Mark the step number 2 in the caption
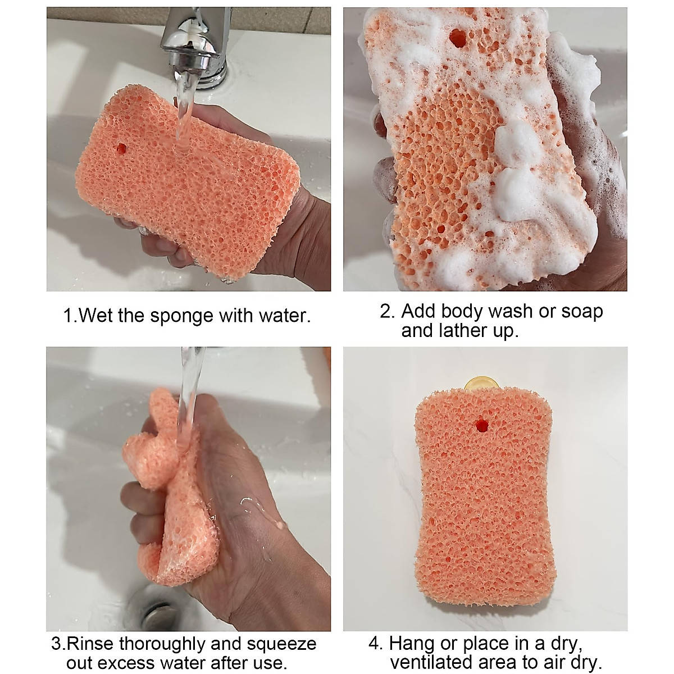pos(386,311)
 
